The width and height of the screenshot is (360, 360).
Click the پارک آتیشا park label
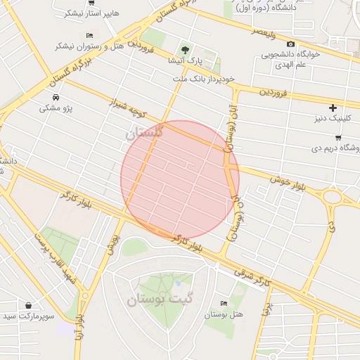click(184, 63)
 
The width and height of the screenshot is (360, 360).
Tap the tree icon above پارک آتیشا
click(185, 50)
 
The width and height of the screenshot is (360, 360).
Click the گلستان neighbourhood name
click(145, 132)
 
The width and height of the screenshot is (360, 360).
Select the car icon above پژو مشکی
click(56, 97)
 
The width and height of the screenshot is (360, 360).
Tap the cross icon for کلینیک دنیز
click(333, 108)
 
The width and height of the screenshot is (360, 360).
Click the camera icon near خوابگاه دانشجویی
click(290, 44)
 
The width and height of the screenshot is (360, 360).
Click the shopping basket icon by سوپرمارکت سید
click(28, 306)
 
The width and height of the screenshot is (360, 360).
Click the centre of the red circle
click(180, 180)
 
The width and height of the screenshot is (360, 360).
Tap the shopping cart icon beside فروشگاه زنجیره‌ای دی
click(338, 137)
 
